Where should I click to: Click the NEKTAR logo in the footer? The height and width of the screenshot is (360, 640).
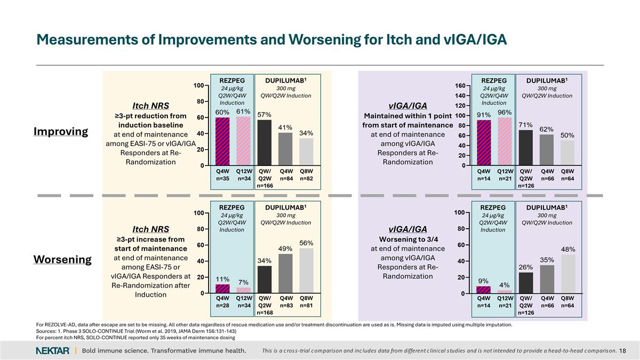pos(52,350)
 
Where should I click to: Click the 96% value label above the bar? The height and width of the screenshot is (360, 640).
pos(505,113)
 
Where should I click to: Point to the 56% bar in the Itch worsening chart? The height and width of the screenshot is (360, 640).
pos(306,271)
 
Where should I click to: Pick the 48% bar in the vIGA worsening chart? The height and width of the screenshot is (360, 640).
pos(567,274)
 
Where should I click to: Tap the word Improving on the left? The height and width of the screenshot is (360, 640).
pos(61,131)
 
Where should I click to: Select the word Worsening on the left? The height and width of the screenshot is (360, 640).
pos(62,259)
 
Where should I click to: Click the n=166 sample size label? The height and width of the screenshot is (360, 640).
pos(265,186)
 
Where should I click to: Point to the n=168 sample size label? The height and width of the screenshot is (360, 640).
pos(265,313)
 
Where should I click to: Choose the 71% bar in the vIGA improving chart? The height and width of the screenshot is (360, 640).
pos(526,148)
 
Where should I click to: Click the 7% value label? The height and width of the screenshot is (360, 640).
pos(243,282)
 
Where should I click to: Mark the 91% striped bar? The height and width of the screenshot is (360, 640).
pos(484,142)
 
